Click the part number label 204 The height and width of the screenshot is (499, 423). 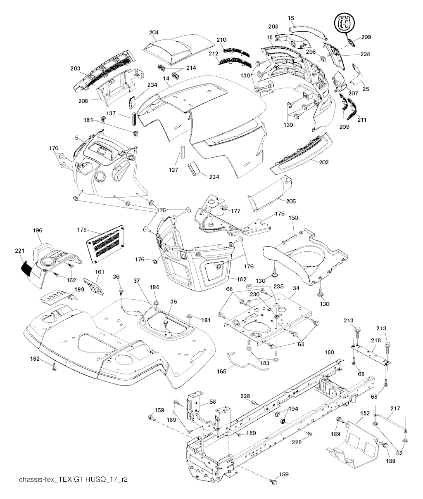click(154, 32)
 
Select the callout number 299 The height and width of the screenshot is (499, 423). click(366, 37)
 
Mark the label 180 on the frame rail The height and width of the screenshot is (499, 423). click(329, 352)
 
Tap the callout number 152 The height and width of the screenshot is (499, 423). click(365, 412)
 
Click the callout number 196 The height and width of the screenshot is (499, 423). click(37, 231)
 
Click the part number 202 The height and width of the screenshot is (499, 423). click(324, 163)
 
